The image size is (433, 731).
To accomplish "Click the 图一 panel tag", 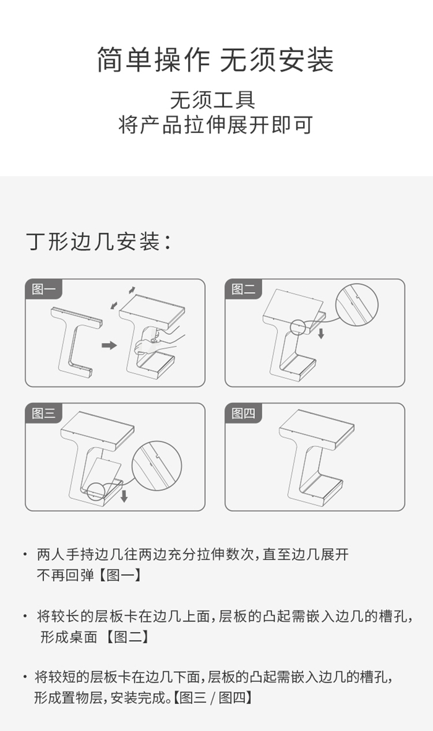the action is [x=43, y=289].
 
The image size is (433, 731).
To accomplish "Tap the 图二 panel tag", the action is [x=243, y=289].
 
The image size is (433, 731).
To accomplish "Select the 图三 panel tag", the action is [x=43, y=413].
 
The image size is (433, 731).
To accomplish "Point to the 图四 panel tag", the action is [x=243, y=413].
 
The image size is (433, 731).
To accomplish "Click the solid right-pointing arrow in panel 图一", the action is [x=109, y=345].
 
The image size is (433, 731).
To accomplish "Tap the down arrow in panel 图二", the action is [x=321, y=333].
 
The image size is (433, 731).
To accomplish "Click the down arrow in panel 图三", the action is [x=124, y=496].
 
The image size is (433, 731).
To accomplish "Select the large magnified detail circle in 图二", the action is [x=357, y=305].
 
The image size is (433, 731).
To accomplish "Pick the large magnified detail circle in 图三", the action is [x=156, y=465].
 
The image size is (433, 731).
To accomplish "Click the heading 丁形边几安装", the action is [x=99, y=241].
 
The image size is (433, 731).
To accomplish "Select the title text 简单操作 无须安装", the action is [x=216, y=59].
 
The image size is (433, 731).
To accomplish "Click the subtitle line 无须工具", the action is [x=213, y=100].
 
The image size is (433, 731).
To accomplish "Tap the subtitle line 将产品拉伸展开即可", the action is [x=215, y=124].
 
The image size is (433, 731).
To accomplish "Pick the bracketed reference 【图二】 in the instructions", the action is [x=127, y=637].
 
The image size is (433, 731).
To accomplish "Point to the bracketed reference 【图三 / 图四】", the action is [x=212, y=698].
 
